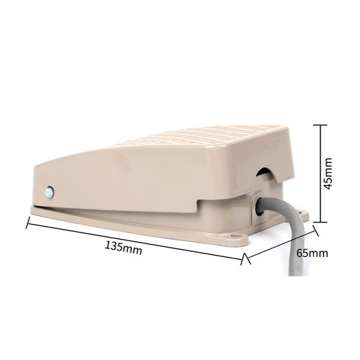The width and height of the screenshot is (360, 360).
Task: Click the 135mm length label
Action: click(x=123, y=248)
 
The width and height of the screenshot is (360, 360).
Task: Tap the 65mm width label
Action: click(x=312, y=253)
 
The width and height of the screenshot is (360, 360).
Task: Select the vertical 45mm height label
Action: click(x=328, y=174)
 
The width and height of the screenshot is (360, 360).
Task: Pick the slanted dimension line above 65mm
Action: click(x=281, y=244)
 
